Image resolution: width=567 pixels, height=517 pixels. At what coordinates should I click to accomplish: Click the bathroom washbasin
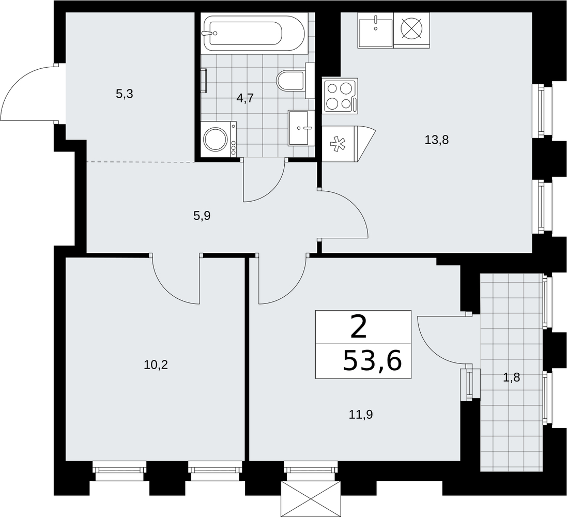point(299,128)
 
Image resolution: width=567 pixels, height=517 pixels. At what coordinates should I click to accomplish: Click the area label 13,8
point(437,140)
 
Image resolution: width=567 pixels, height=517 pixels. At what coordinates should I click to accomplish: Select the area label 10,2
point(156,364)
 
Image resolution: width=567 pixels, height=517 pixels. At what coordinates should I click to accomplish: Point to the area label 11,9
point(361,415)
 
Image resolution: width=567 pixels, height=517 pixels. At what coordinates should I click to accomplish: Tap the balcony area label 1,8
point(512,378)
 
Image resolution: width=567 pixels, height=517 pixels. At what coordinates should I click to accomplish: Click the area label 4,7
point(245,98)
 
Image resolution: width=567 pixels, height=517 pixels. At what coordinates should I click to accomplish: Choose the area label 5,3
point(125,94)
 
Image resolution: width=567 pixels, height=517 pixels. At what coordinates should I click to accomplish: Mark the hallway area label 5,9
point(202,216)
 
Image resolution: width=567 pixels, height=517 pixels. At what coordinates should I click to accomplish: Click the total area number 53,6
point(372,361)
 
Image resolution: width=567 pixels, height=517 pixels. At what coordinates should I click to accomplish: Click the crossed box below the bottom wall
point(311,498)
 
